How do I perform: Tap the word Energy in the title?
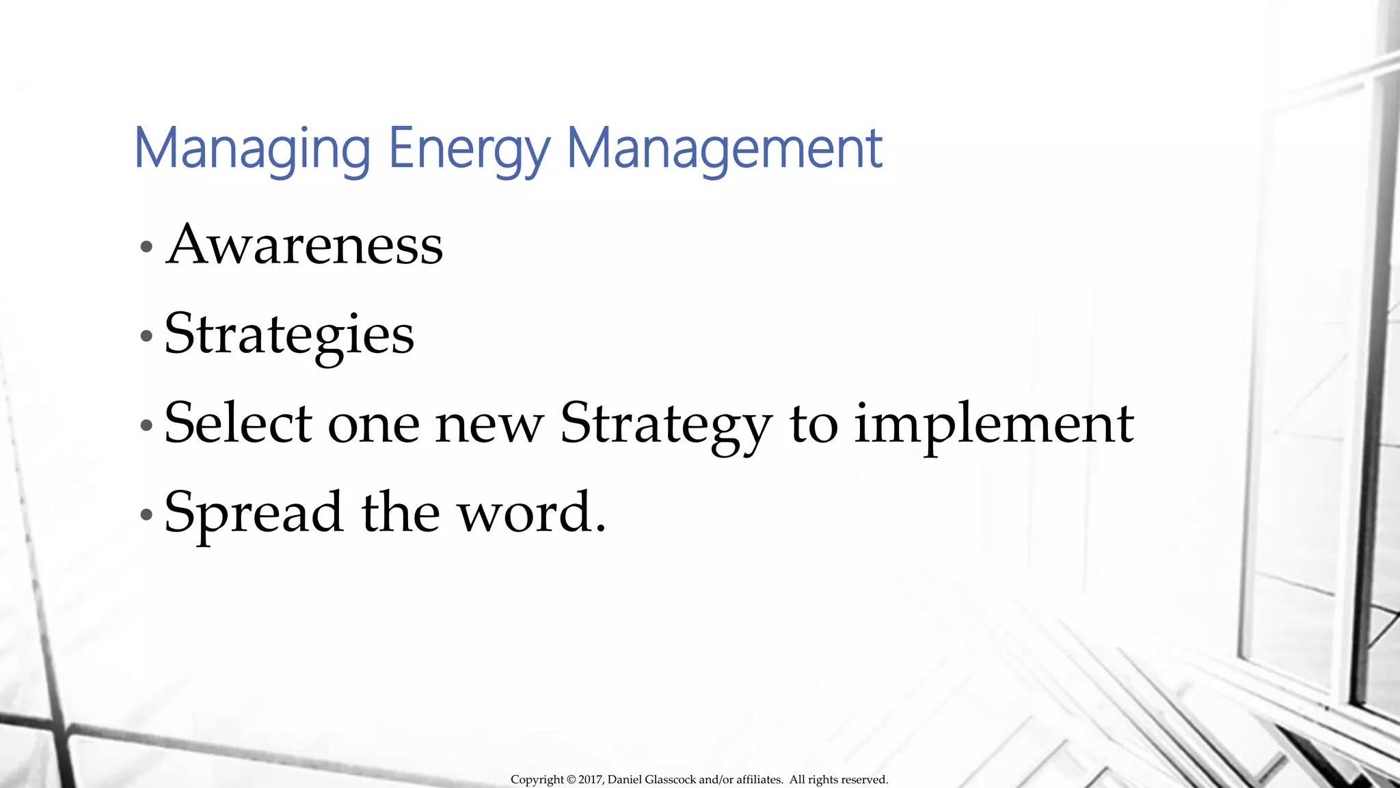click(x=469, y=148)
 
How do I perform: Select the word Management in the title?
click(x=725, y=148)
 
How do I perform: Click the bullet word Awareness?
click(x=304, y=245)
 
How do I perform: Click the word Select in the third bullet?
click(x=239, y=423)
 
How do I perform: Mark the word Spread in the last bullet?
click(x=253, y=513)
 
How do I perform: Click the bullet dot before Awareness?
click(x=146, y=247)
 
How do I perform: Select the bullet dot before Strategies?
click(x=146, y=336)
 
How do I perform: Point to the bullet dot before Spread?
click(x=146, y=514)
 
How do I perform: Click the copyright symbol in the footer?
click(x=571, y=780)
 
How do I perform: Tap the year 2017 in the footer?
click(x=591, y=780)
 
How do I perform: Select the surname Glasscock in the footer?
click(x=670, y=780)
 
